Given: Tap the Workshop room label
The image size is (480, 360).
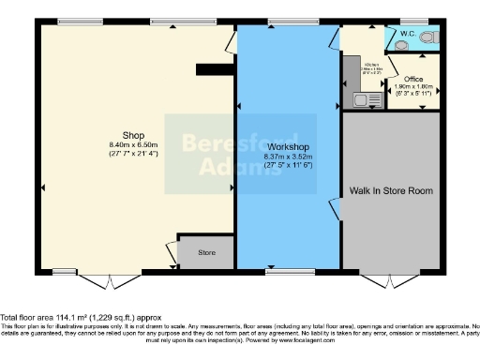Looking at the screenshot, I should coord(288,148).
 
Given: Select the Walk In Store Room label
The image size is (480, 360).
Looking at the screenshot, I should coord(391,190).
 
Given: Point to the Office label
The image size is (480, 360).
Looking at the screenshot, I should coord(413,79).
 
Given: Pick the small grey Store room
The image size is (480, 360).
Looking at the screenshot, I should coord(206,253).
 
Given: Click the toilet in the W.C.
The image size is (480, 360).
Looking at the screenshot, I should coord(429,37).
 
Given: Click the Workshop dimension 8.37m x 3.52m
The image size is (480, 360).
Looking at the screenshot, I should coord(289,158).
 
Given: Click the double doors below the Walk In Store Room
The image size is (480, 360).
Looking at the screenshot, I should coord(392,280).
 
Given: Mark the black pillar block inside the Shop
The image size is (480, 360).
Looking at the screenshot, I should coord(213,68).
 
